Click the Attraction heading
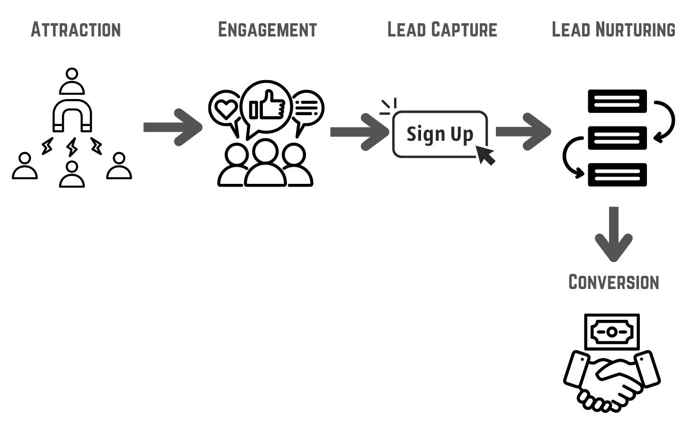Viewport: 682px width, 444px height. [x=76, y=30]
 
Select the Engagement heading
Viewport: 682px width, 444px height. [x=267, y=30]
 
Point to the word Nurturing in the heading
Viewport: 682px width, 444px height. [x=635, y=30]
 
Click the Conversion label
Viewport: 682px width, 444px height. [x=613, y=282]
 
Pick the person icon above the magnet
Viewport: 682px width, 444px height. [x=72, y=82]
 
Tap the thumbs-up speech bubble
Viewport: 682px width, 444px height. [x=267, y=107]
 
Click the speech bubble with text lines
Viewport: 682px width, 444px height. [x=307, y=109]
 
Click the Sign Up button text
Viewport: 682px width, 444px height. [x=440, y=135]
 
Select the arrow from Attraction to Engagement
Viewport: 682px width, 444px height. [x=173, y=127]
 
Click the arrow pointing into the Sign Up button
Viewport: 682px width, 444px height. [x=359, y=132]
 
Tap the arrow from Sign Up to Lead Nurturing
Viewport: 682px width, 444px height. [x=523, y=131]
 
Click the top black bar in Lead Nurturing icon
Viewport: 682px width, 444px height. [x=617, y=101]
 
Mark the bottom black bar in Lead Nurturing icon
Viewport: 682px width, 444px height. [x=617, y=175]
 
